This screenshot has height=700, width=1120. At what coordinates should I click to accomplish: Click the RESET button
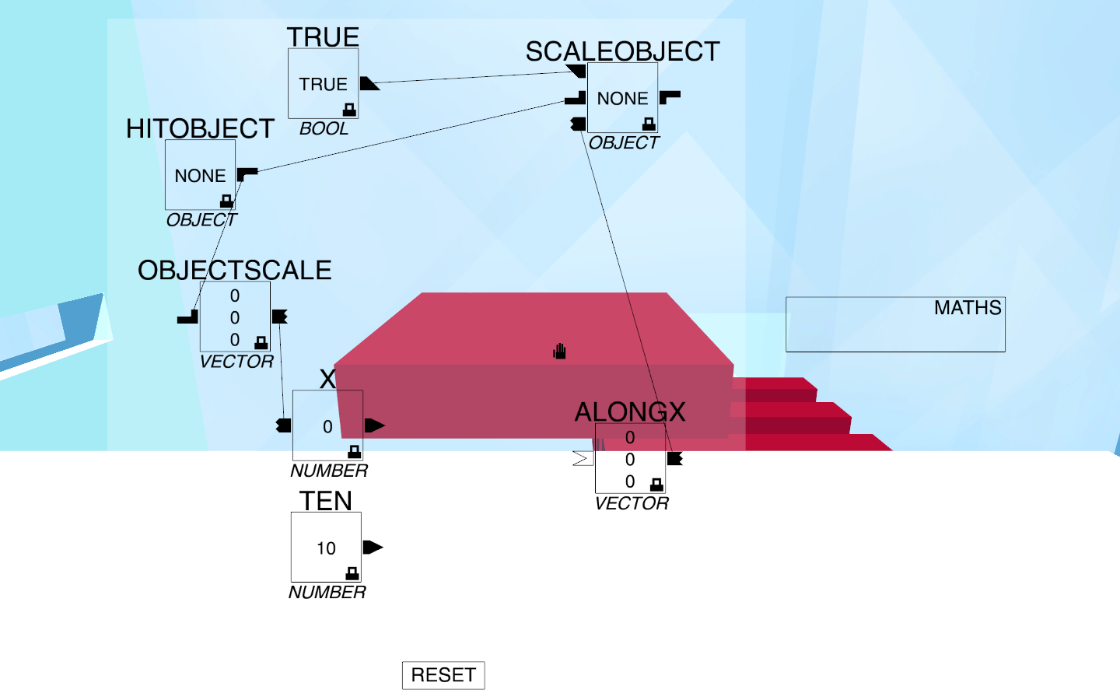coord(443,675)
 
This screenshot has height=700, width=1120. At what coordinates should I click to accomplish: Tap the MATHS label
coord(967,308)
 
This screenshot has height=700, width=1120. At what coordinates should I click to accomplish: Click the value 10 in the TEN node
coord(326,548)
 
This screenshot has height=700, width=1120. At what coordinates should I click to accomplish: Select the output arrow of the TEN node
coord(373,548)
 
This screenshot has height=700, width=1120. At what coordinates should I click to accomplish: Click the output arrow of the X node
coord(374,425)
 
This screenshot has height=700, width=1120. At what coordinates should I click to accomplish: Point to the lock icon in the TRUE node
coord(349,110)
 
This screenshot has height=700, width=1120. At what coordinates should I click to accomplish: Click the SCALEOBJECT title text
coord(622,51)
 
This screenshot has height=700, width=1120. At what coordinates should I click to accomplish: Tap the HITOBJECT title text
coord(200,128)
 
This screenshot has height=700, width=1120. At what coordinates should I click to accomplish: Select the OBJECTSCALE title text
coord(234,270)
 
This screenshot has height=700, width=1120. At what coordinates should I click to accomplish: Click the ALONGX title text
coord(630,411)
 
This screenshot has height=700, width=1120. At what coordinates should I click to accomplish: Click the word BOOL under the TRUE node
coord(324,129)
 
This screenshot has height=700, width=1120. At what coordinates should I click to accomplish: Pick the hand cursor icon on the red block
coord(559,352)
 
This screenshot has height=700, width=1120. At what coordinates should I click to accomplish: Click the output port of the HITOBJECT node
coord(247,173)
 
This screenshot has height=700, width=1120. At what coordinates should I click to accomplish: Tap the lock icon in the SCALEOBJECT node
coord(649,124)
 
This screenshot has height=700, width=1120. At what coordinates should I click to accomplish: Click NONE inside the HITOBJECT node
coord(200,176)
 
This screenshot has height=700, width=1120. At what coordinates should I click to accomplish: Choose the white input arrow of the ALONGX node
coord(582,458)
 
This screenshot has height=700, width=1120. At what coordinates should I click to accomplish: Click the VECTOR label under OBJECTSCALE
coord(236,362)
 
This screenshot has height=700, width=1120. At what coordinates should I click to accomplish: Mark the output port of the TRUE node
coord(369,83)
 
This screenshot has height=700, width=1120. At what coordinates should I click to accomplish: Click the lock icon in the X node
coord(354,451)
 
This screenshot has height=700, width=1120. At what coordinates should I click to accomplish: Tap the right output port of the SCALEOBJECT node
coord(669,96)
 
